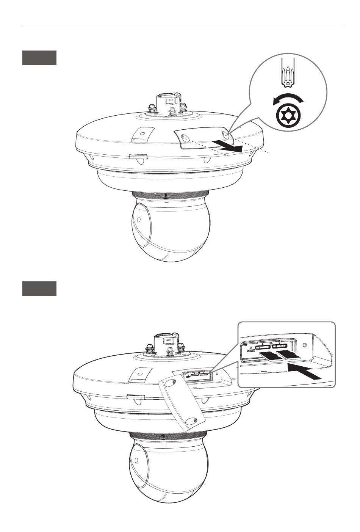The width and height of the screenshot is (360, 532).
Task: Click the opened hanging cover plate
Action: pyautogui.click(x=182, y=403)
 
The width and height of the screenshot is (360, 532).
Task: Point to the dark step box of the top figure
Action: pyautogui.click(x=39, y=58)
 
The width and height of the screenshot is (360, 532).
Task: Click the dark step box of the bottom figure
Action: pyautogui.click(x=39, y=289)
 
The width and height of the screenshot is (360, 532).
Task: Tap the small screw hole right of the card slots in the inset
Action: pyautogui.click(x=305, y=345)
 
